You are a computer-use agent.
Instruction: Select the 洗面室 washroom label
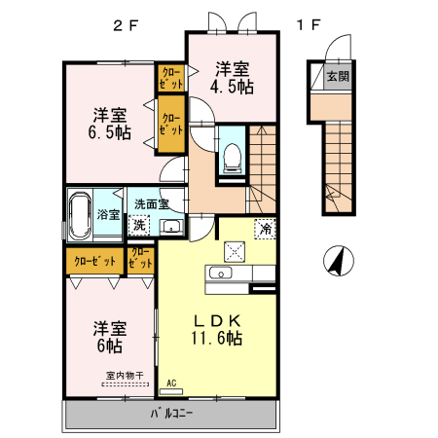tap(152, 204)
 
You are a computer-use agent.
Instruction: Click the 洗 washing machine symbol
tap(141, 225)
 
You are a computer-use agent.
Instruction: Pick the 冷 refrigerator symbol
tap(265, 230)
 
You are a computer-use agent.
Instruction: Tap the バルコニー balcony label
tap(171, 414)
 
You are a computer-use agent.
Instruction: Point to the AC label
tap(171, 383)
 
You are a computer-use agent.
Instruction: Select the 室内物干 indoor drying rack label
tap(125, 374)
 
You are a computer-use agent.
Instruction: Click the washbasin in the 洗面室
tap(171, 228)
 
